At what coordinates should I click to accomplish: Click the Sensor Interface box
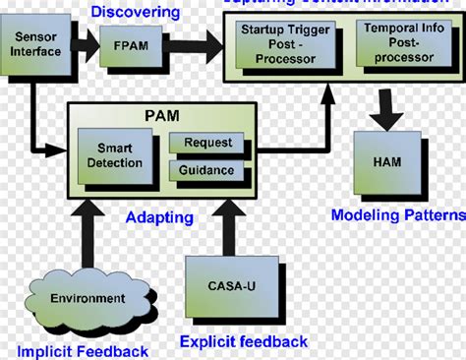tap(35, 44)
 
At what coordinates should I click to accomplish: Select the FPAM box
tap(125, 44)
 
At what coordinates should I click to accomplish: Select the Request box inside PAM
tap(206, 142)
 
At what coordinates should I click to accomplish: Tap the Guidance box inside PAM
tap(206, 169)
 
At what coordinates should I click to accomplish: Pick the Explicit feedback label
tap(243, 341)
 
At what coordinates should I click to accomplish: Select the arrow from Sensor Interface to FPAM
tap(86, 44)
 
